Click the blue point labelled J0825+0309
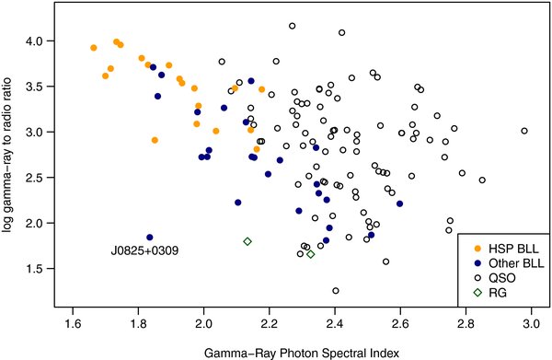[x=150, y=237]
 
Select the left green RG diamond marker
[x=247, y=241]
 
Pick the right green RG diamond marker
[x=311, y=254]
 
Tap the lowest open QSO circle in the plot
[x=336, y=291]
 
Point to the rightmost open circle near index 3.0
[x=524, y=131]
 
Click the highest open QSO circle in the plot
[x=292, y=26]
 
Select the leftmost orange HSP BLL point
[x=94, y=48]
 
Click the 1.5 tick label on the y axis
[x=35, y=268]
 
